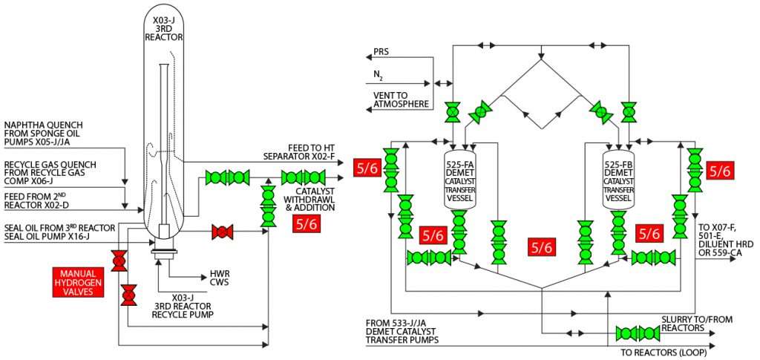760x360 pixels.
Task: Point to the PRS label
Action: click(x=381, y=53)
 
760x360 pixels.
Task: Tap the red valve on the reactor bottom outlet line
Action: click(x=220, y=232)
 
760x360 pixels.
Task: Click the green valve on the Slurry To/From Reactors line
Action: click(x=632, y=333)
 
